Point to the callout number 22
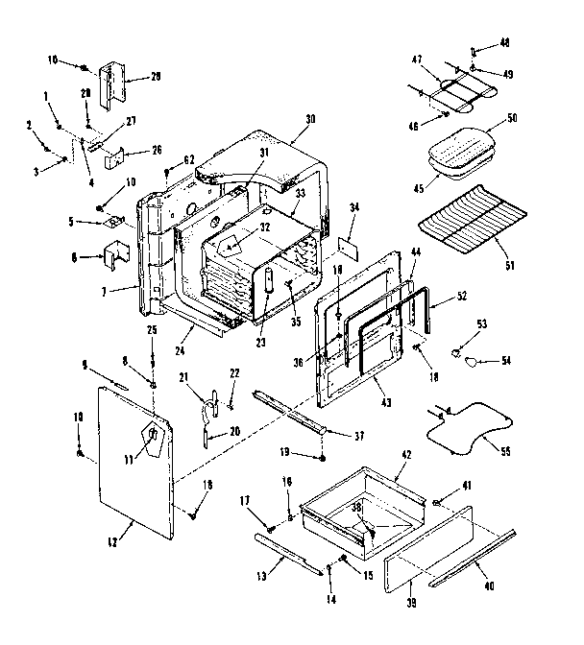[233, 373]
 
